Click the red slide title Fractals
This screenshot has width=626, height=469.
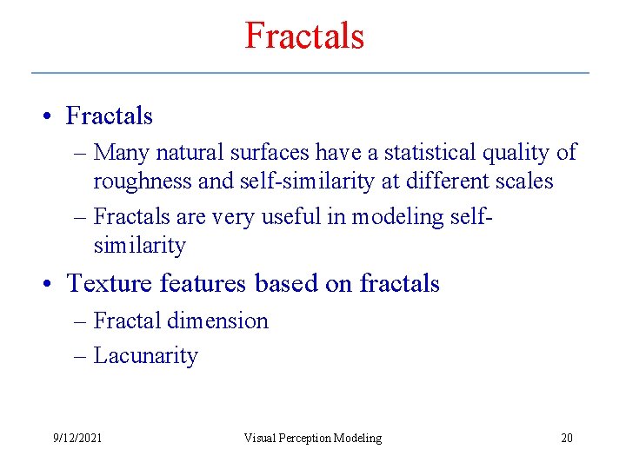coord(304,36)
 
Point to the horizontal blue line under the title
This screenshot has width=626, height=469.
coord(310,73)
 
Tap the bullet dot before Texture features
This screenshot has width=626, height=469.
coord(51,285)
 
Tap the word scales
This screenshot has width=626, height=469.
coord(524,181)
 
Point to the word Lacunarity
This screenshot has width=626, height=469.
coord(145,355)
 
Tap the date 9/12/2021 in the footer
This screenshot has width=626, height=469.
coord(77,438)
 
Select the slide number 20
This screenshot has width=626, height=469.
coord(566,438)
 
